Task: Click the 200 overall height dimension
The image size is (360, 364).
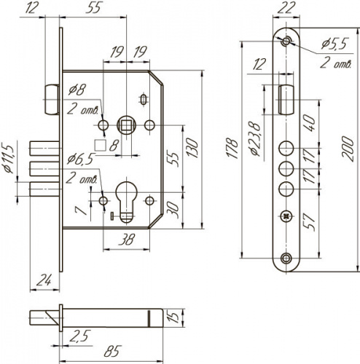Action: [x=348, y=149]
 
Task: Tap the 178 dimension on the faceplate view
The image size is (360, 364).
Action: [x=232, y=149]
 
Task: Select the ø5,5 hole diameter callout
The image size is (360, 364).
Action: [x=334, y=44]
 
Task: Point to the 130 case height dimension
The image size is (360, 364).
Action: [x=192, y=148]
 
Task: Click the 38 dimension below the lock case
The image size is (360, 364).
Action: [x=127, y=240]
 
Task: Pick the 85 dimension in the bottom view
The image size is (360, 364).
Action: [x=112, y=351]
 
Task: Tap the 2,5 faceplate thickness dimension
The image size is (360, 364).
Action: [x=80, y=336]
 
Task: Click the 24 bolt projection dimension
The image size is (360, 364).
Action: [x=44, y=280]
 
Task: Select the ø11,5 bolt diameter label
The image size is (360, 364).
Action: [x=9, y=159]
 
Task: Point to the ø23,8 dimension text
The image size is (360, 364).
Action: [x=254, y=139]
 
